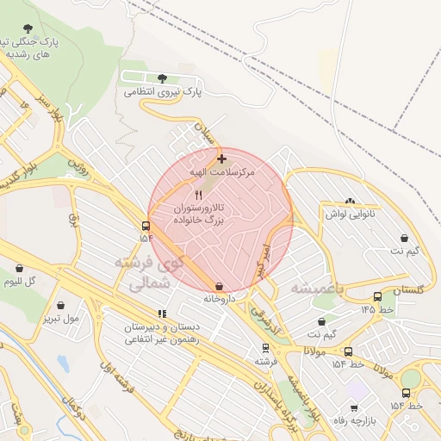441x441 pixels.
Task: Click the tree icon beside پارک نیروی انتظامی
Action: click(162, 78)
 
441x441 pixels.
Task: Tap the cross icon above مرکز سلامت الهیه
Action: click(222, 158)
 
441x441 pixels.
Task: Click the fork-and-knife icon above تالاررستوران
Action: click(199, 195)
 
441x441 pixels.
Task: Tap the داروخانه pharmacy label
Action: click(220, 300)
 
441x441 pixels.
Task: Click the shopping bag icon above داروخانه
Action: click(220, 286)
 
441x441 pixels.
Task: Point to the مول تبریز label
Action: click(60, 319)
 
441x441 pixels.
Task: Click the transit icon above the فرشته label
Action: click(264, 348)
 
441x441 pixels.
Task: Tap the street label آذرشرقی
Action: click(264, 320)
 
